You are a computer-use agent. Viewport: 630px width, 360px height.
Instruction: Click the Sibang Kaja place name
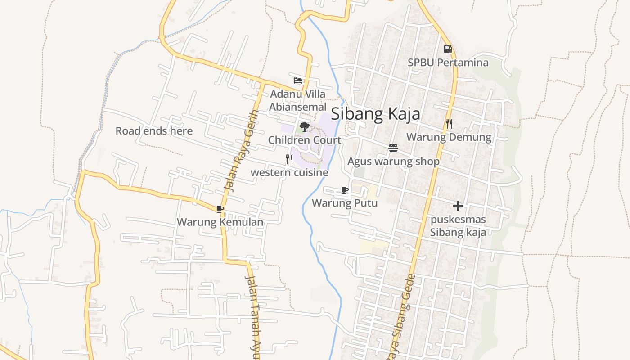coord(376,114)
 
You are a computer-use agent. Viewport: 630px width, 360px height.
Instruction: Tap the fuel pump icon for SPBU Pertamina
coord(447,49)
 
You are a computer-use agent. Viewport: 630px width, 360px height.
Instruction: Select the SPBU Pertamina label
coord(448,63)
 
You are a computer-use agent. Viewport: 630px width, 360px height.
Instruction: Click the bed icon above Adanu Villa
coord(298,81)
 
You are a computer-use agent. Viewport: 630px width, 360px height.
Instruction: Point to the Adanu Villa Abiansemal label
coord(297,101)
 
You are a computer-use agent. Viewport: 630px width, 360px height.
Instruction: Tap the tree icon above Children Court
coord(305,126)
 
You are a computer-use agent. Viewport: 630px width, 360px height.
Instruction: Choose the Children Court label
coord(305,140)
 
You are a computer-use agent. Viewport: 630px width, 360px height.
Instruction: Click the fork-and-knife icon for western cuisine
coord(289,159)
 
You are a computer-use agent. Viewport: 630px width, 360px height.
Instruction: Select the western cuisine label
coord(289,172)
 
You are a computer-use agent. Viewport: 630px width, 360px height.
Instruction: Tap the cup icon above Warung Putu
coord(345,190)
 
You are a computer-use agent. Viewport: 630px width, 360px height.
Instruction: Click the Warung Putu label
coord(345,203)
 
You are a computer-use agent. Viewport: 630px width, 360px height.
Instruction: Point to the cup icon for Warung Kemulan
coord(220,209)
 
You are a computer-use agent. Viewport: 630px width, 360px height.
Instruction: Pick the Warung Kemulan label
coord(220,222)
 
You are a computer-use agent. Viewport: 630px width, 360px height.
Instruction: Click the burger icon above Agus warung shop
coord(393,148)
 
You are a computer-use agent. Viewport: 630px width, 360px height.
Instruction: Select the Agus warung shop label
coord(393,161)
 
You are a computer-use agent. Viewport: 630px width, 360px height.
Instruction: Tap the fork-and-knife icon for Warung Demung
coord(449,123)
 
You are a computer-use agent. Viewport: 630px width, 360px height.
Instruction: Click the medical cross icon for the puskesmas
coord(458,206)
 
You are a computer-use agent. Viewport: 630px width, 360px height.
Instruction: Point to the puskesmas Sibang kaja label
coord(458,226)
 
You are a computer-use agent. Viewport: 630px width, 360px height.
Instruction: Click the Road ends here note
coord(154,131)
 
